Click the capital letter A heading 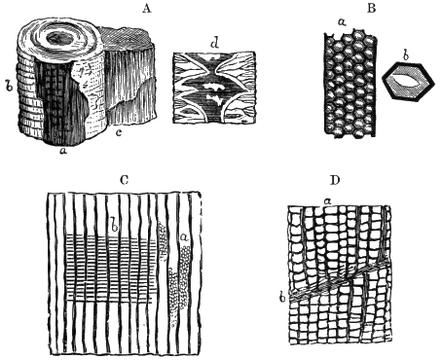pyautogui.click(x=147, y=8)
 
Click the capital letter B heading pyautogui.click(x=372, y=8)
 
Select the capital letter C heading pyautogui.click(x=124, y=180)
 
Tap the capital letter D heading pyautogui.click(x=335, y=180)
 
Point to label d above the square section pyautogui.click(x=214, y=43)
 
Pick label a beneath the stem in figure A pyautogui.click(x=64, y=151)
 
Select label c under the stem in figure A pyautogui.click(x=119, y=132)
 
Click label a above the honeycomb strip pyautogui.click(x=342, y=22)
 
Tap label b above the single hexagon pyautogui.click(x=405, y=55)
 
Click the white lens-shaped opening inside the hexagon pyautogui.click(x=408, y=82)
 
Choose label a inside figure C pyautogui.click(x=184, y=237)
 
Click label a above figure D pyautogui.click(x=328, y=201)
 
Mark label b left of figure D pyautogui.click(x=282, y=296)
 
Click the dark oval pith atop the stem pyautogui.click(x=59, y=39)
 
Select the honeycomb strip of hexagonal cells pyautogui.click(x=350, y=84)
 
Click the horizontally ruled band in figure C pyautogui.click(x=110, y=270)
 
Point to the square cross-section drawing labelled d pyautogui.click(x=214, y=88)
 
